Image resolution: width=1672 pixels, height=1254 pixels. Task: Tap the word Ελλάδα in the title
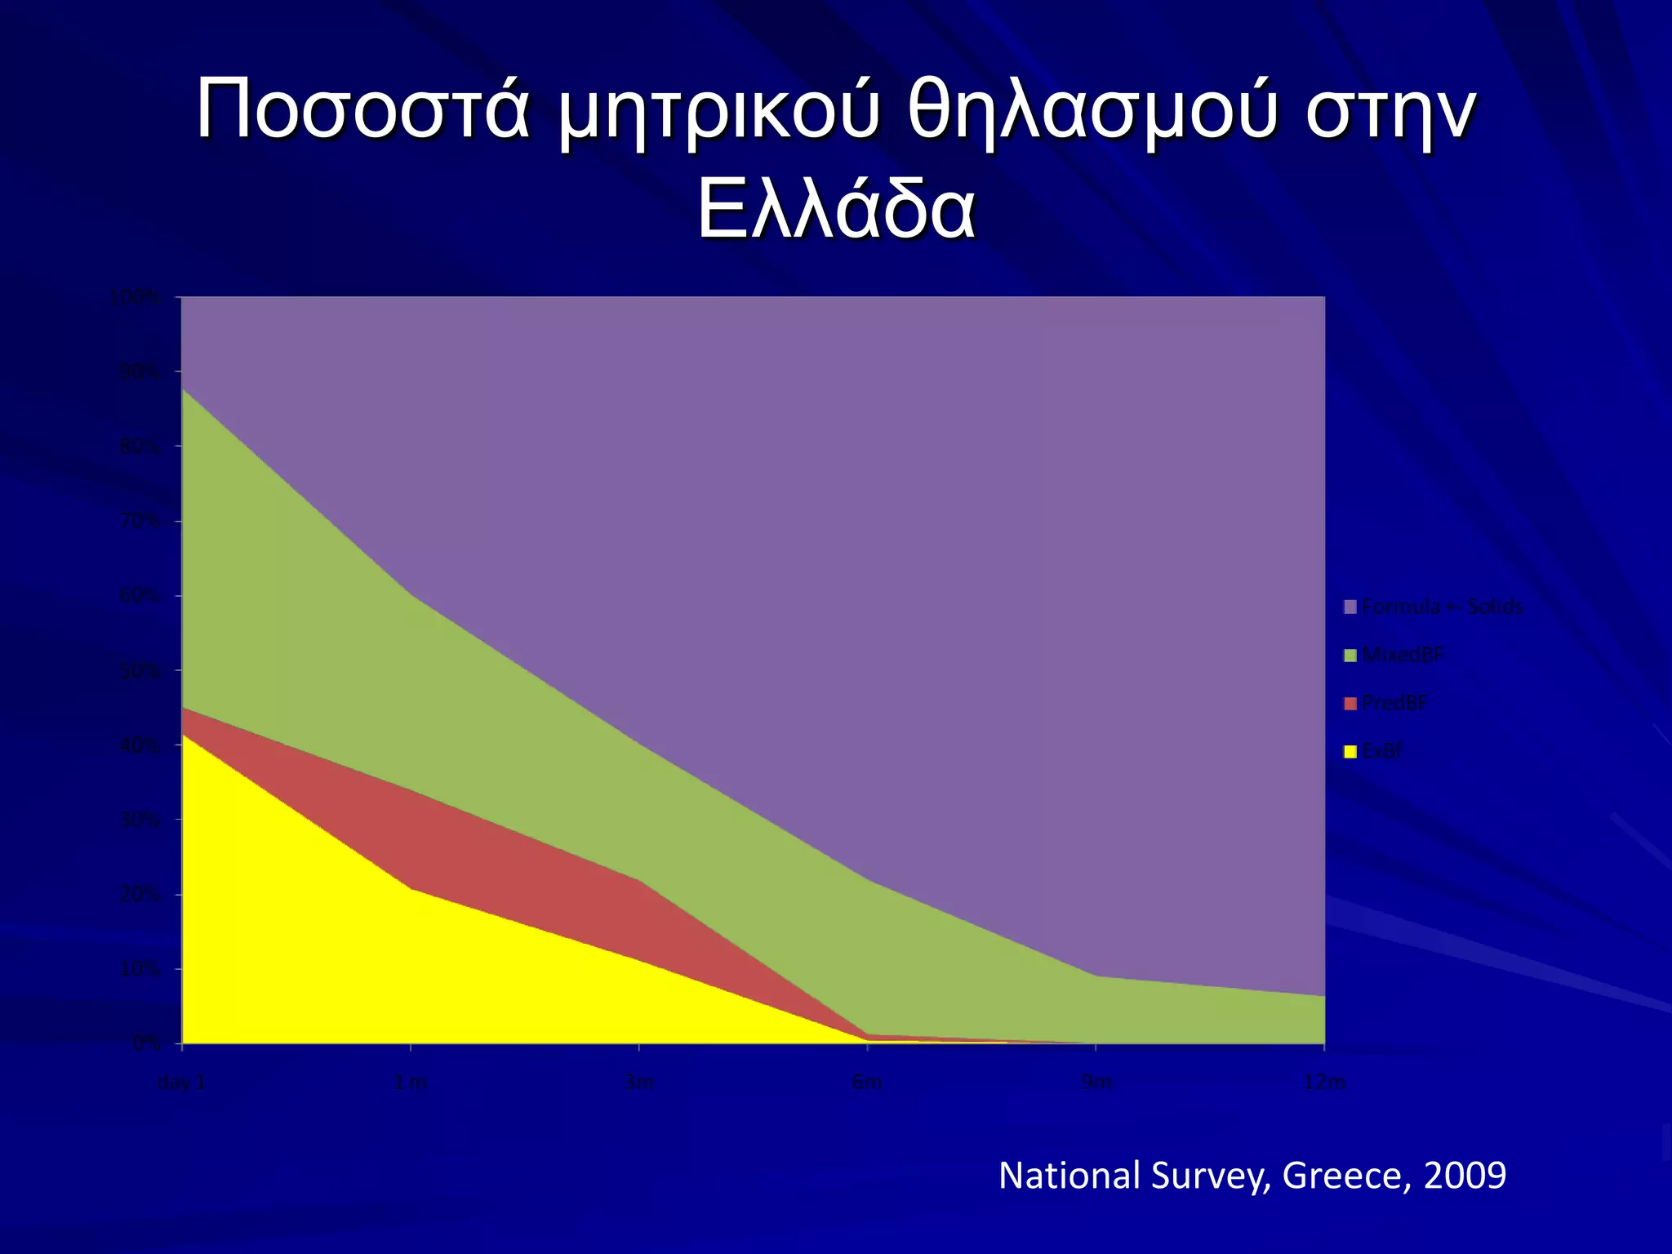click(835, 215)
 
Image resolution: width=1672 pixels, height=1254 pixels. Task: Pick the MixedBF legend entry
click(1402, 655)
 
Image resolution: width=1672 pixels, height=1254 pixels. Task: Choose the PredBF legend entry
click(1394, 703)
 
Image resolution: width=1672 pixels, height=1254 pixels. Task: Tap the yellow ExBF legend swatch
click(1350, 751)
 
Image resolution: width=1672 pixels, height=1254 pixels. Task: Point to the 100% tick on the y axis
click(135, 297)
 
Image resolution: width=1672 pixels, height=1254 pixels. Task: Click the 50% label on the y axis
click(140, 671)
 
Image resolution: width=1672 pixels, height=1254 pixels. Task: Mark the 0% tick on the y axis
click(146, 1043)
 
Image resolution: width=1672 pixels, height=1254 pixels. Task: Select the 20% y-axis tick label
click(140, 895)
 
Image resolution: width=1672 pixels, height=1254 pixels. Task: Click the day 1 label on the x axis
click(181, 1083)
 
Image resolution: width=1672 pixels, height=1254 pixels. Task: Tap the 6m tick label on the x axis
click(867, 1083)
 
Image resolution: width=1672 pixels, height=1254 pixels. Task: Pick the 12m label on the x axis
click(1324, 1083)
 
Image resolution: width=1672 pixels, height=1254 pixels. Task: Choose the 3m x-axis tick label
click(638, 1083)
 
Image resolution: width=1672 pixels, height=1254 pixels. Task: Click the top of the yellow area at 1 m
click(410, 889)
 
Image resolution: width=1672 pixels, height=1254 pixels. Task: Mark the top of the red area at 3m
click(638, 880)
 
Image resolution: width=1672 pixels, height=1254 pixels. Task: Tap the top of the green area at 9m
click(1096, 976)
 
